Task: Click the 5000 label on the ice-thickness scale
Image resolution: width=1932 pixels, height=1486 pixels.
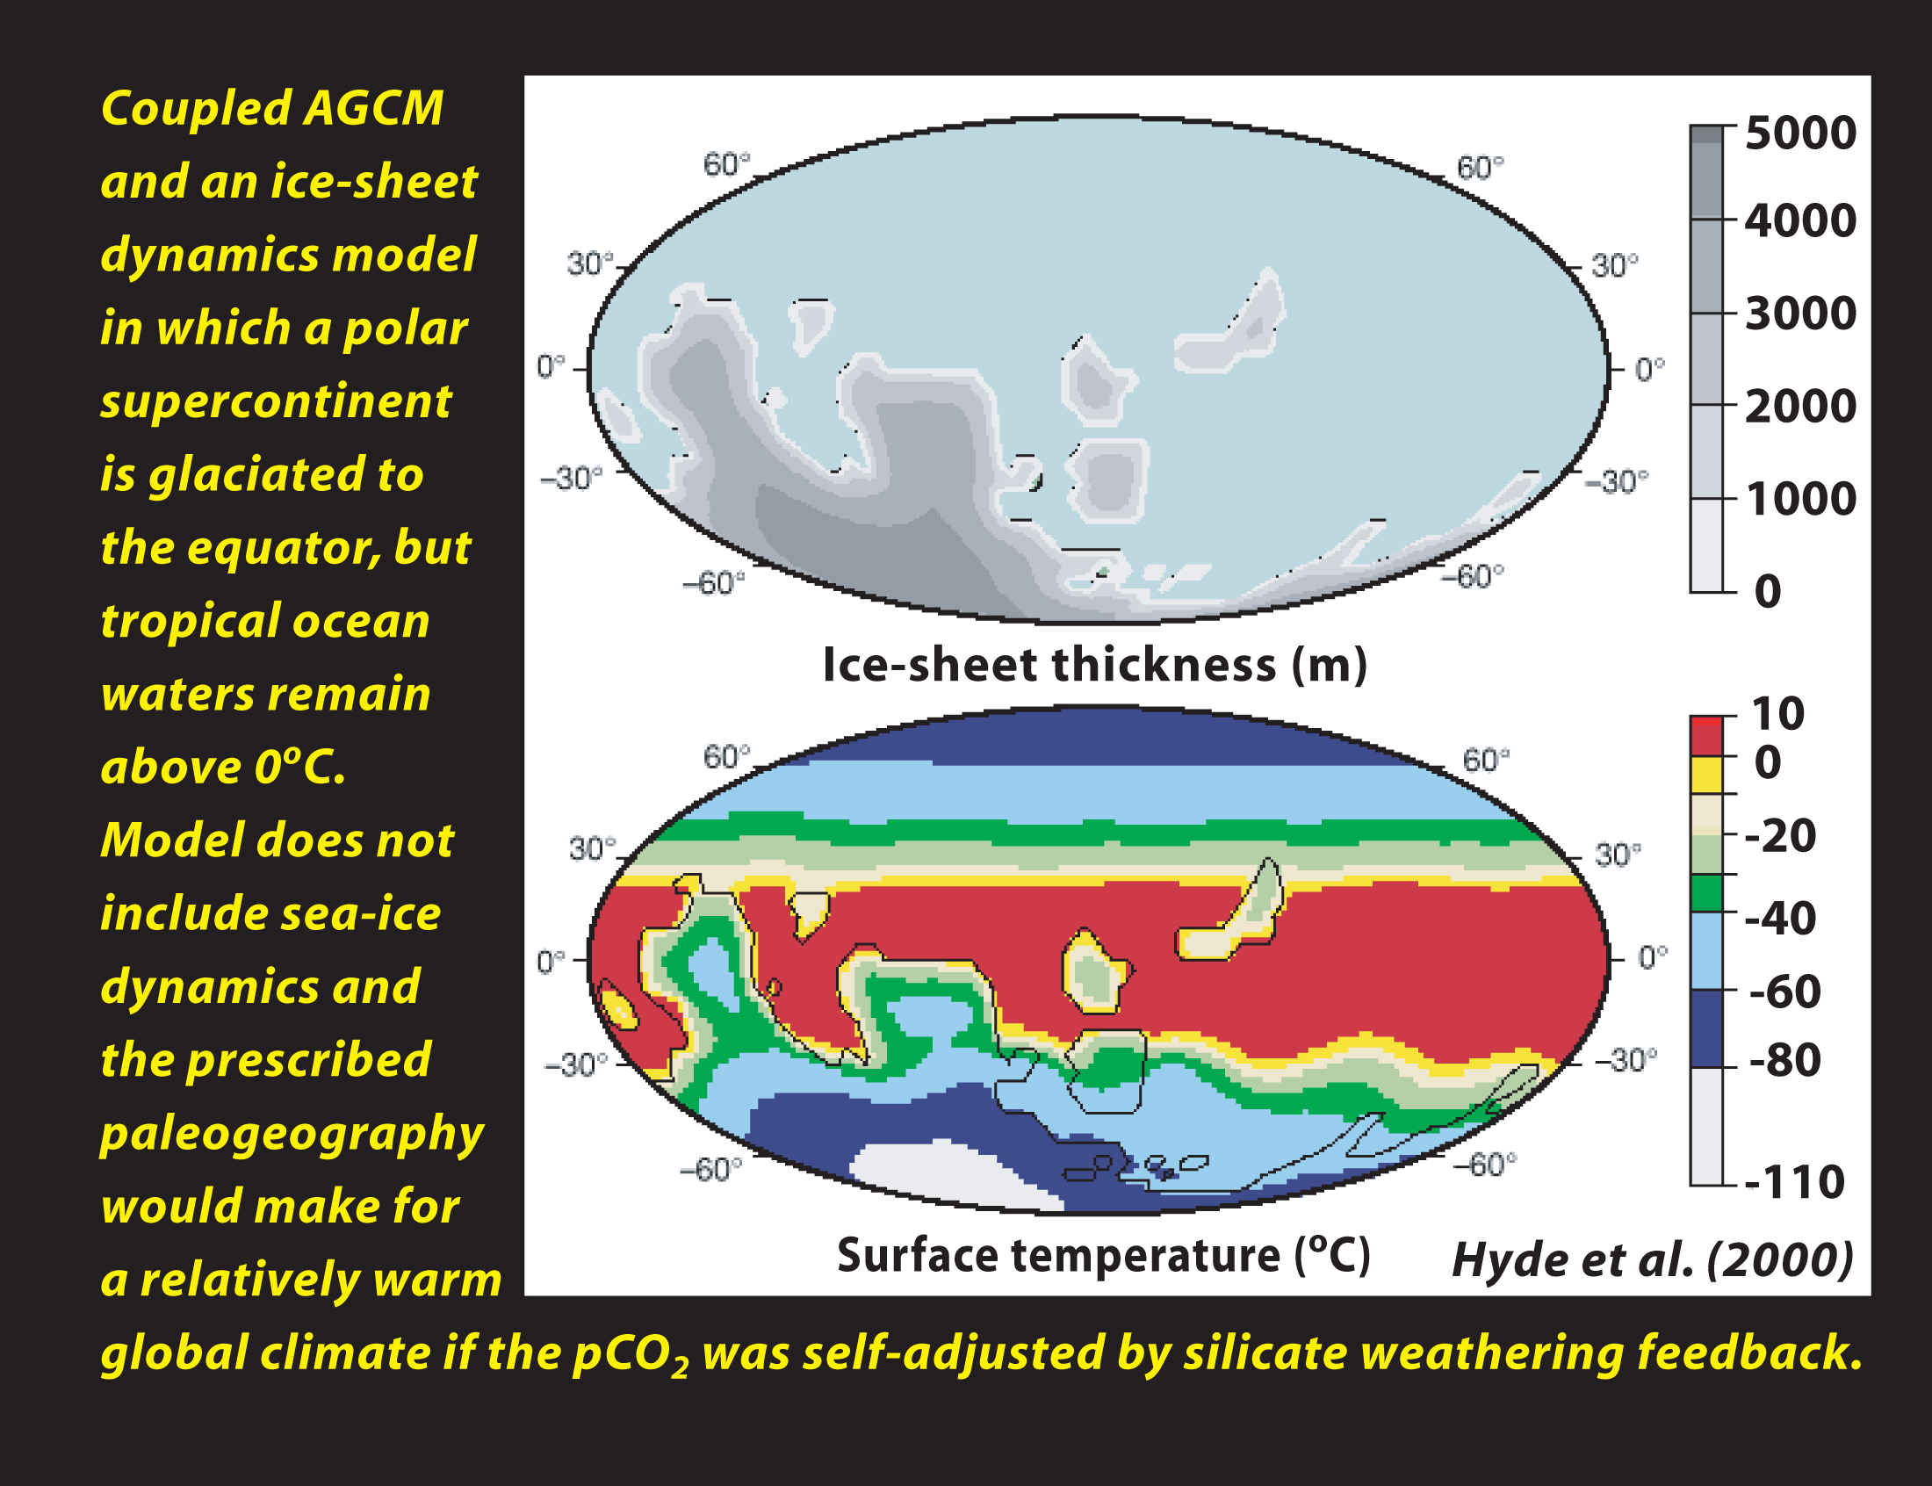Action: coord(1800,133)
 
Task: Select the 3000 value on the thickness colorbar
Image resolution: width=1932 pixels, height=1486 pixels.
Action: coord(1800,314)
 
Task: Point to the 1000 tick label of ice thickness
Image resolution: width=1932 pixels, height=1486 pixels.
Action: coord(1800,500)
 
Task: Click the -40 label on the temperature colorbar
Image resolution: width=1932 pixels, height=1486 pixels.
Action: coord(1780,919)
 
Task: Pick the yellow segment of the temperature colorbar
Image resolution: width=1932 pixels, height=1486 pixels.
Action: coord(1706,775)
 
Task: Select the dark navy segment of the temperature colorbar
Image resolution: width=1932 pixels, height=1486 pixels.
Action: coord(1706,1028)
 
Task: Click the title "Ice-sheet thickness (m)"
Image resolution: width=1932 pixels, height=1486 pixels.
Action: coord(1094,666)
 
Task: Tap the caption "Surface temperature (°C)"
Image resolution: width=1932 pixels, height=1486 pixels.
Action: coord(1104,1256)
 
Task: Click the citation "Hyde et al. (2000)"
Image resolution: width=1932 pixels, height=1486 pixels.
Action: coord(1653,1259)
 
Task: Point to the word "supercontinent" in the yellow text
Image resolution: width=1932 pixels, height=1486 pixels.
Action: coord(276,403)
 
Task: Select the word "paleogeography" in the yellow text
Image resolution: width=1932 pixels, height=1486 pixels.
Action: coord(292,1136)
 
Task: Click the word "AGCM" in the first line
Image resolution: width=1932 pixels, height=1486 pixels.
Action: coord(373,109)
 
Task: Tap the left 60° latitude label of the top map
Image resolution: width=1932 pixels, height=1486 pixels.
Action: coord(726,164)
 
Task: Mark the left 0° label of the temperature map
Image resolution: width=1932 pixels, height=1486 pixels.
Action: coord(550,962)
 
